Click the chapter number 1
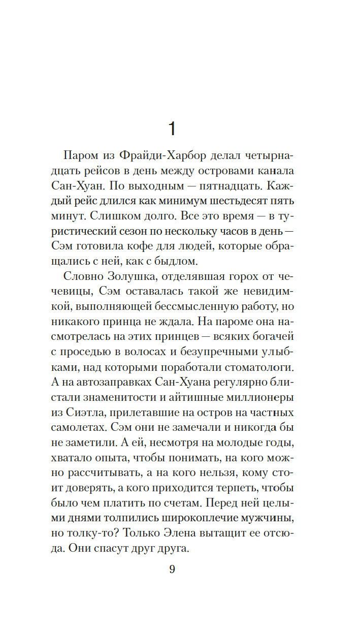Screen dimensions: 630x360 [x=172, y=129]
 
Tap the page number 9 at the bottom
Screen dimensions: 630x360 [x=172, y=569]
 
